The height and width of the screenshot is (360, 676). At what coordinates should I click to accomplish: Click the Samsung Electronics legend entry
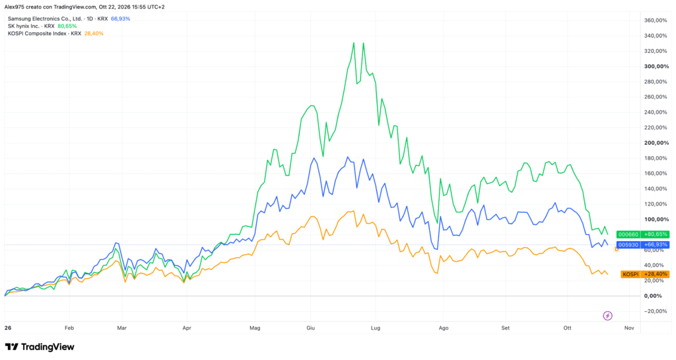69,19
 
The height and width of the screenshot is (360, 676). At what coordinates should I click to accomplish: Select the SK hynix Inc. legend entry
42,26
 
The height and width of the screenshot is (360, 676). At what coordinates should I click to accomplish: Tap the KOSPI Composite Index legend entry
55,34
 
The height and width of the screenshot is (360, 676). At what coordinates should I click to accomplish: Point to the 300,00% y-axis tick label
656,67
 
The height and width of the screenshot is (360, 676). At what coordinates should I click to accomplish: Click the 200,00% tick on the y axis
656,143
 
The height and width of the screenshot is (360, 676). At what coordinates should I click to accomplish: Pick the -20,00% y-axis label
656,311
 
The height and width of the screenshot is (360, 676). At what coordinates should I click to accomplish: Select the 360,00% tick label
656,20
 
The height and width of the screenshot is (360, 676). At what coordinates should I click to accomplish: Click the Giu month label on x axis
310,328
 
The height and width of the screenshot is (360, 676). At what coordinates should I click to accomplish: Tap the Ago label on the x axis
444,328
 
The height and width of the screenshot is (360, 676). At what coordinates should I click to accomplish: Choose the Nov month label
629,328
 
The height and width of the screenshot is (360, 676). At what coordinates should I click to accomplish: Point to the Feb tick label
69,328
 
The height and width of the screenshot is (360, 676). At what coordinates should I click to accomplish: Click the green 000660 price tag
643,234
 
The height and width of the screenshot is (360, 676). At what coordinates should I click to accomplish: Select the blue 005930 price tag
643,245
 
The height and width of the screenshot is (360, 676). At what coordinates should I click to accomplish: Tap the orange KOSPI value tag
645,274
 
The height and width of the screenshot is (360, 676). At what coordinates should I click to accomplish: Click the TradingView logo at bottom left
40,347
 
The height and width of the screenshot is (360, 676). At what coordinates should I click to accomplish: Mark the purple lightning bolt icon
607,316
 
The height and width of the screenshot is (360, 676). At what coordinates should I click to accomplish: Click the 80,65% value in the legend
67,26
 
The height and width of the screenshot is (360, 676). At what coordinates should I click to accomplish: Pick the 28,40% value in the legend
94,34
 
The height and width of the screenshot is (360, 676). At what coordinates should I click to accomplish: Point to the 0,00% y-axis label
653,296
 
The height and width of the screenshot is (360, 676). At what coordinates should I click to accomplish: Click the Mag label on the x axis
255,328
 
